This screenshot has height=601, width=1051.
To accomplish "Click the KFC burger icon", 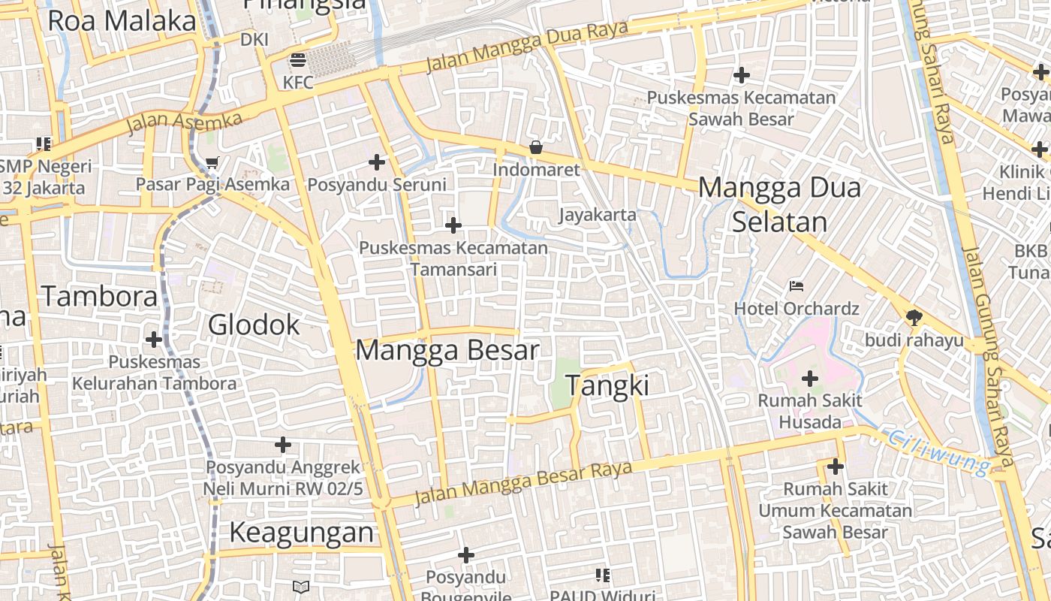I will pyautogui.click(x=298, y=59).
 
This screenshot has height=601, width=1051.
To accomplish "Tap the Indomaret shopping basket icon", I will pyautogui.click(x=536, y=147).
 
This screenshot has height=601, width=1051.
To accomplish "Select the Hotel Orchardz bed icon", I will pyautogui.click(x=797, y=285).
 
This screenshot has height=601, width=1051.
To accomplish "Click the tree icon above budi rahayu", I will pyautogui.click(x=914, y=317).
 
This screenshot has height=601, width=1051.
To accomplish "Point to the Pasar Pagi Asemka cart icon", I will pyautogui.click(x=212, y=162).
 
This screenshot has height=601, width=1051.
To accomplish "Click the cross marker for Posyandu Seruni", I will pyautogui.click(x=377, y=162).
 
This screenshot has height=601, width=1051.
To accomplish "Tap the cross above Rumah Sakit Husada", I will pyautogui.click(x=810, y=379).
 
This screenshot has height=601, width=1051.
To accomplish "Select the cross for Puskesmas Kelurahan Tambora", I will pyautogui.click(x=154, y=340).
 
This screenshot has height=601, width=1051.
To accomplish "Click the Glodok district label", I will pyautogui.click(x=254, y=325).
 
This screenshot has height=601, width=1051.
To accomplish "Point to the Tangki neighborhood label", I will pyautogui.click(x=607, y=385).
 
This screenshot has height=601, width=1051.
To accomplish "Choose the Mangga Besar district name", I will pyautogui.click(x=447, y=351).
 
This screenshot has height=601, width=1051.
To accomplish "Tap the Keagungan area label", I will pyautogui.click(x=301, y=533).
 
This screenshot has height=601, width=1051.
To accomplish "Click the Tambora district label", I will pyautogui.click(x=99, y=297).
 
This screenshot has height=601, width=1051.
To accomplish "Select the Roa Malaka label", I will pyautogui.click(x=122, y=21).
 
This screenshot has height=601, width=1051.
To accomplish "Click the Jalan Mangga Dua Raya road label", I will pyautogui.click(x=526, y=46).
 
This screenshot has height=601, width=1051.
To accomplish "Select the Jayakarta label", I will pyautogui.click(x=598, y=216).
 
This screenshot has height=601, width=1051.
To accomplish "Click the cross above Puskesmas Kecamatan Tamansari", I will pyautogui.click(x=453, y=225).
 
